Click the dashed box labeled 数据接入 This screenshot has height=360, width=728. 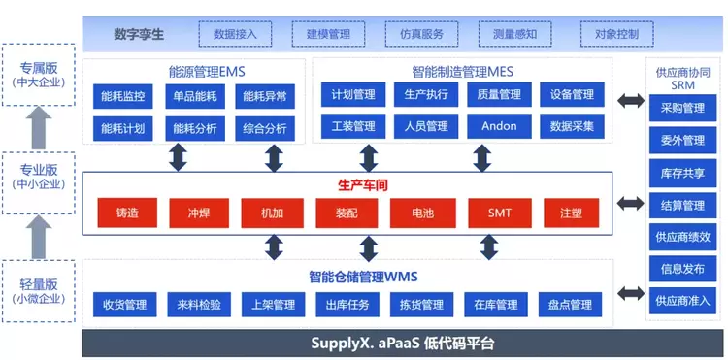[x=235, y=34]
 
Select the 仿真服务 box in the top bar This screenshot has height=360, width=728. [x=421, y=34]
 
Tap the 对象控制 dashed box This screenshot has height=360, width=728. [x=616, y=34]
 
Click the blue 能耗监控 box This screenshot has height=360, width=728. [x=123, y=96]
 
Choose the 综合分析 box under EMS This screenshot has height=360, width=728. [x=265, y=128]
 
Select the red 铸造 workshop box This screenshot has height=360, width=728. [x=127, y=213]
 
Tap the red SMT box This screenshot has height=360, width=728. [x=500, y=213]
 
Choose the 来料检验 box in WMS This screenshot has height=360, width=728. [x=199, y=305]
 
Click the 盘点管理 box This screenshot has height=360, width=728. [x=570, y=305]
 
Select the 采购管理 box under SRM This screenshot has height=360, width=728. [x=682, y=108]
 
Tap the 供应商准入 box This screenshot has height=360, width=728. [x=682, y=301]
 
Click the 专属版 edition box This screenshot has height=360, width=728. [x=39, y=75]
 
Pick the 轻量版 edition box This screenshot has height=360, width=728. [x=39, y=291]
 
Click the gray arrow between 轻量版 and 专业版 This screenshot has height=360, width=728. [x=39, y=237]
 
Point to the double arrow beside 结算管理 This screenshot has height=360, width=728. [x=631, y=203]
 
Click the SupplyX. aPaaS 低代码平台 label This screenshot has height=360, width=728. [x=403, y=344]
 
